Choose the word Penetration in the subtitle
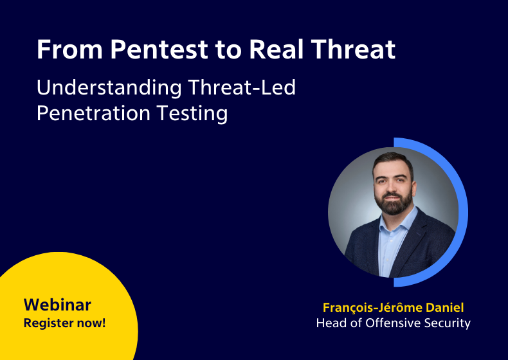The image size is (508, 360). tap(93, 113)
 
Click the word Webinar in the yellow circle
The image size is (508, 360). tap(57, 305)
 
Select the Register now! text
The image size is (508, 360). tap(64, 323)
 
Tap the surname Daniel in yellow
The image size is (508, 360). tap(446, 307)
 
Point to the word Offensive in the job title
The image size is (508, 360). tap(395, 323)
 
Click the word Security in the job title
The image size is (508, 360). tap(448, 323)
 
